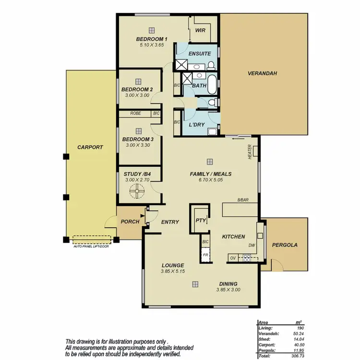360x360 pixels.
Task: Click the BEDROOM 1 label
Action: [x=152, y=39]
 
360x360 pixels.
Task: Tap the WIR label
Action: [x=200, y=30]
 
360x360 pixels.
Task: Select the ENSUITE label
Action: [x=199, y=53]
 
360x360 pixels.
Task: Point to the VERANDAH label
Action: [x=263, y=73]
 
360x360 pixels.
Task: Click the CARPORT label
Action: [x=90, y=147]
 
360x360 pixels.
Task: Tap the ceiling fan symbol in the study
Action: [x=138, y=192]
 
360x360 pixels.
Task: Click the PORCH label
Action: [x=130, y=221]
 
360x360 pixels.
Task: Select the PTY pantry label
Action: [x=200, y=220]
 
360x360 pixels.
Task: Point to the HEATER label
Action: [x=250, y=153]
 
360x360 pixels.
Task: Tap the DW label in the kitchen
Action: [x=251, y=245]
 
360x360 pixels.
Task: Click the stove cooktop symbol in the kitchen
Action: [x=247, y=258]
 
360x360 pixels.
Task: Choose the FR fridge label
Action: [x=205, y=255]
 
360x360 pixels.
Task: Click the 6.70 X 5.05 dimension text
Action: [x=210, y=180]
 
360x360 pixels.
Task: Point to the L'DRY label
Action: [x=197, y=124]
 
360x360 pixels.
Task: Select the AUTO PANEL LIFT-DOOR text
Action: [x=92, y=245]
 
